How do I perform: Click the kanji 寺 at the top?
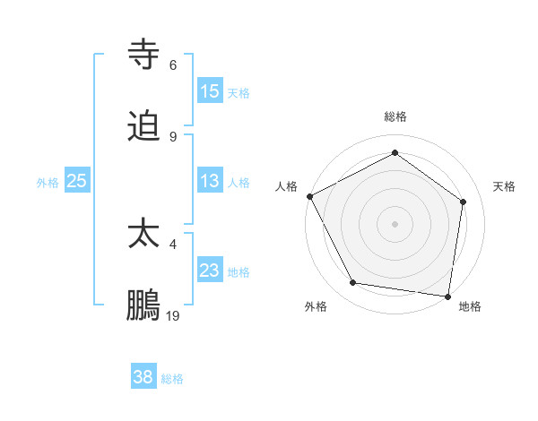pyautogui.click(x=143, y=54)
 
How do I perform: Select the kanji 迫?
pyautogui.click(x=143, y=126)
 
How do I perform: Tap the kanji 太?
pyautogui.click(x=143, y=234)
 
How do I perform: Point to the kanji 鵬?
pyautogui.click(x=143, y=306)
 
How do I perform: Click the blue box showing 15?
pyautogui.click(x=210, y=91)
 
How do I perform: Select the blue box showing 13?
pyautogui.click(x=210, y=181)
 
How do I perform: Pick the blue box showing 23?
pyautogui.click(x=210, y=271)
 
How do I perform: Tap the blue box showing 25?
pyautogui.click(x=77, y=181)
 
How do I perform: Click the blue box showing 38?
pyautogui.click(x=143, y=377)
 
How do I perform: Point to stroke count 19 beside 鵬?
pyautogui.click(x=173, y=315)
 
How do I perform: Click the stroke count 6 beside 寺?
pyautogui.click(x=173, y=64)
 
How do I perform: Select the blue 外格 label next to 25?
pyautogui.click(x=48, y=183)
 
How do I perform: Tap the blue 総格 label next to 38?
pyautogui.click(x=172, y=379)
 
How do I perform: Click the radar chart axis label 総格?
pyautogui.click(x=395, y=117)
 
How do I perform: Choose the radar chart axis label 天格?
pyautogui.click(x=505, y=186)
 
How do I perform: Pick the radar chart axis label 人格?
pyautogui.click(x=287, y=186)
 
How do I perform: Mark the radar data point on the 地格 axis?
pyautogui.click(x=448, y=296)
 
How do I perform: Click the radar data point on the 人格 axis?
pyautogui.click(x=309, y=196)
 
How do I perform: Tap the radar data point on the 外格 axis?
pyautogui.click(x=353, y=283)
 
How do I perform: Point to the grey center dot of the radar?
pyautogui.click(x=395, y=224)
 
